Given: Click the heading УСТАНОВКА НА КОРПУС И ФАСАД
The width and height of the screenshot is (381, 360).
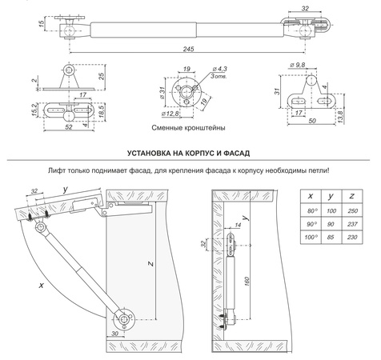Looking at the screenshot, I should (190, 152).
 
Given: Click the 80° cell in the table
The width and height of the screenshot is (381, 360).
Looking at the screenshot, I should (307, 210).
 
